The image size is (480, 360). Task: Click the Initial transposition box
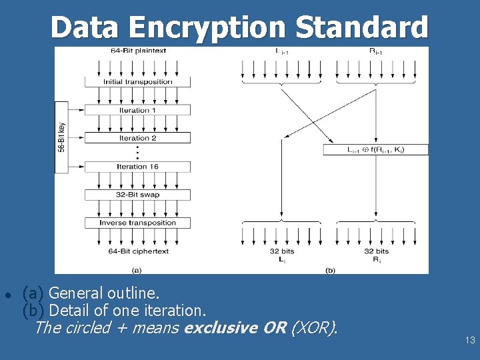(x=137, y=82)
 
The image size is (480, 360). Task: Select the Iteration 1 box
(x=137, y=110)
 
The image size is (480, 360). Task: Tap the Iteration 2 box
(x=137, y=138)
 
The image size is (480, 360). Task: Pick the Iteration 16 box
(x=137, y=167)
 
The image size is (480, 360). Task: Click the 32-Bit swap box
(x=137, y=195)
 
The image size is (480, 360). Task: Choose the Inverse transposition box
(x=137, y=223)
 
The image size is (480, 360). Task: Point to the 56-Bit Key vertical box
(x=61, y=137)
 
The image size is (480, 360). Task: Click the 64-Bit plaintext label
(x=138, y=51)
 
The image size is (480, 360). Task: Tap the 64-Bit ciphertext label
(x=138, y=251)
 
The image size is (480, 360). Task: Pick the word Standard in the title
(x=361, y=28)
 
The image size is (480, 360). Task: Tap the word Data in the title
(x=85, y=28)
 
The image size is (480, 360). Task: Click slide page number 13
(x=470, y=341)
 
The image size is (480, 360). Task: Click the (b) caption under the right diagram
(x=330, y=270)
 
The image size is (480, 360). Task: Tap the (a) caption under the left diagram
(x=137, y=270)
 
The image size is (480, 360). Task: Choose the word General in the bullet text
(x=75, y=293)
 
